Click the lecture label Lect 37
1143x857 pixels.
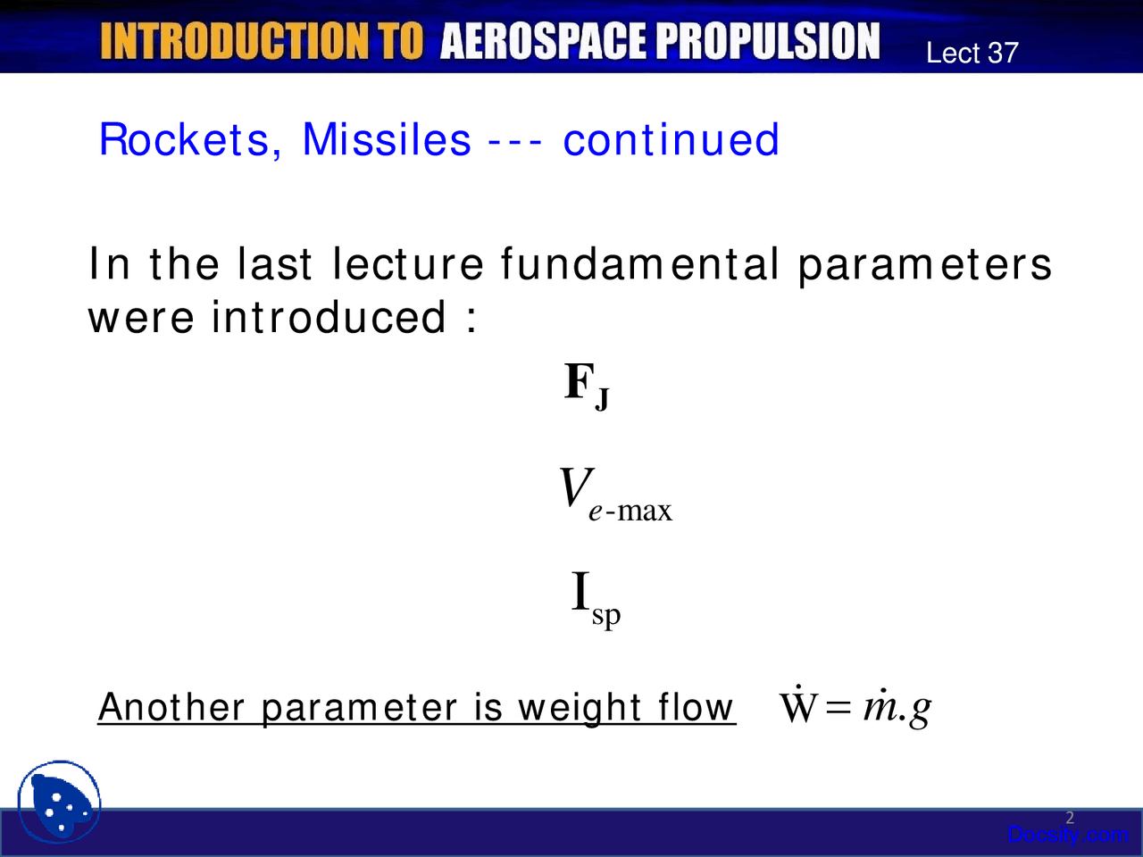pos(972,53)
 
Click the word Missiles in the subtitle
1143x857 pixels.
pos(386,140)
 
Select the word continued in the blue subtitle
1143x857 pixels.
pos(671,140)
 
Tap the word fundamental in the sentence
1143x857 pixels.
pos(639,264)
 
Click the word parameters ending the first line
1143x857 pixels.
pos(924,265)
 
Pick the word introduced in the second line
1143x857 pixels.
pos(329,317)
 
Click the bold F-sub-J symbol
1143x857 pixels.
pos(587,386)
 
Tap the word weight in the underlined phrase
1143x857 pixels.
pos(580,708)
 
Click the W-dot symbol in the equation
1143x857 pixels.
pos(798,707)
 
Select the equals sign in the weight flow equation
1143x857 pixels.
pos(839,709)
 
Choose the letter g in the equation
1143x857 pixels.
pos(921,711)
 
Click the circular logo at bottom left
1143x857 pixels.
pos(59,802)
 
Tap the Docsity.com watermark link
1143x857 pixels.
pos(1067,835)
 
